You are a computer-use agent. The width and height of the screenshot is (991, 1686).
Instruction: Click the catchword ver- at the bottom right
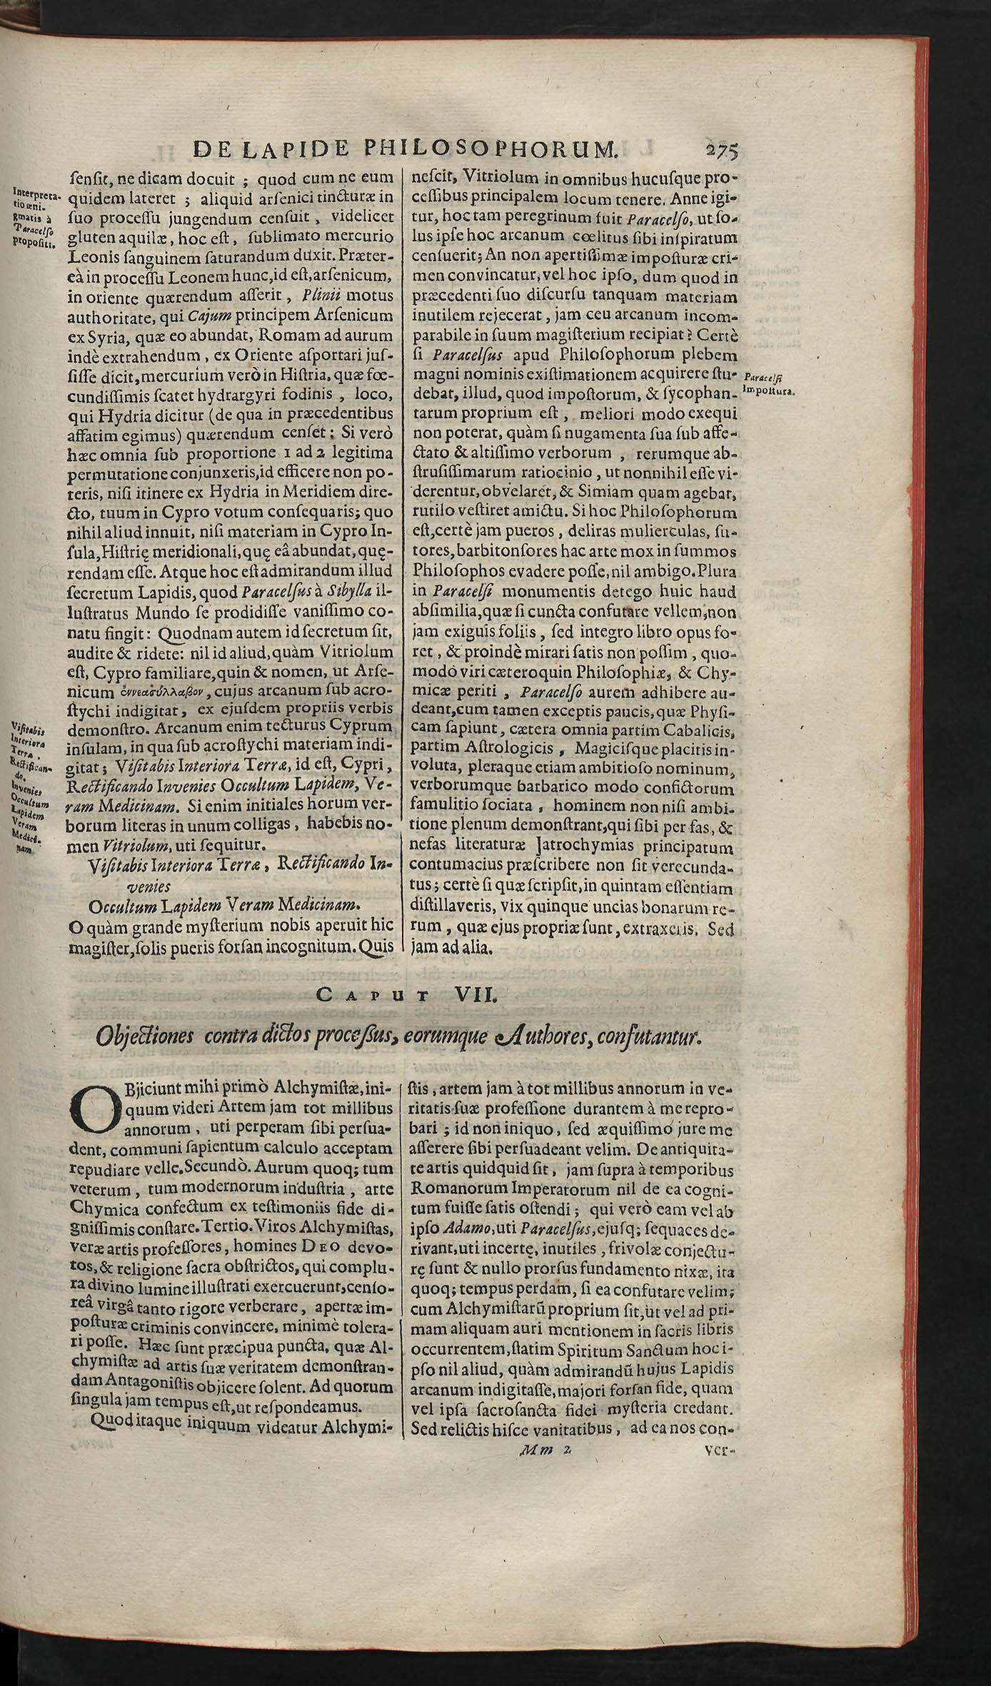pyautogui.click(x=719, y=1645)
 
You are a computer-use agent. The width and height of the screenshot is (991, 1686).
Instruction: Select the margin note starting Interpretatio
pyautogui.click(x=36, y=216)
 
